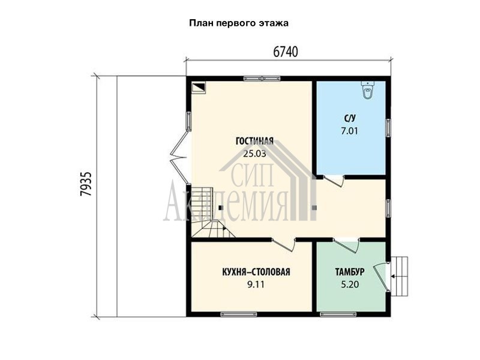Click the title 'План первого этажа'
pyautogui.click(x=239, y=23)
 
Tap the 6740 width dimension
pyautogui.click(x=286, y=52)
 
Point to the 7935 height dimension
pyautogui.click(x=86, y=184)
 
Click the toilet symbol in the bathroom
pyautogui.click(x=368, y=89)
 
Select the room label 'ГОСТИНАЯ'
pyautogui.click(x=254, y=141)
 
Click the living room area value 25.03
pyautogui.click(x=254, y=154)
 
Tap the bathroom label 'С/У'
pyautogui.click(x=350, y=118)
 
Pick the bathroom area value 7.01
pyautogui.click(x=350, y=131)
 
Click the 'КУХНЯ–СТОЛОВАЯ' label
pyautogui.click(x=256, y=272)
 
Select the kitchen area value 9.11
pyautogui.click(x=256, y=284)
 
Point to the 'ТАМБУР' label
pyautogui.click(x=350, y=272)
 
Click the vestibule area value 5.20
pyautogui.click(x=350, y=284)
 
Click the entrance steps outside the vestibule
pyautogui.click(x=400, y=276)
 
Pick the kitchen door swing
pyautogui.click(x=284, y=245)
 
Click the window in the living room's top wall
pyautogui.click(x=262, y=79)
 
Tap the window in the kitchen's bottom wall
pyautogui.click(x=239, y=314)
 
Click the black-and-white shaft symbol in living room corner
pyautogui.click(x=198, y=88)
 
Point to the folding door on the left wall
pyautogui.click(x=179, y=157)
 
